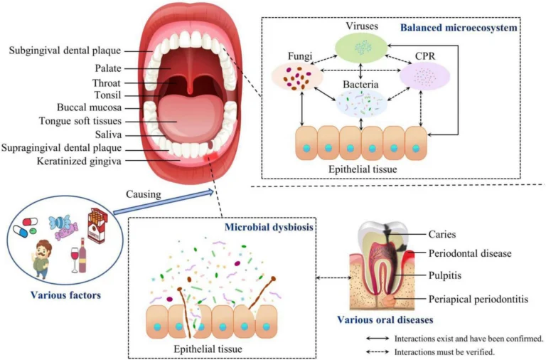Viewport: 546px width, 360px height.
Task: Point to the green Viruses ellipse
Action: tap(362, 48)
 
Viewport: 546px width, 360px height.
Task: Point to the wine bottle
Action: tap(82, 257)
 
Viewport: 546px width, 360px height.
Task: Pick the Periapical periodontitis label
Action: tap(478, 299)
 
